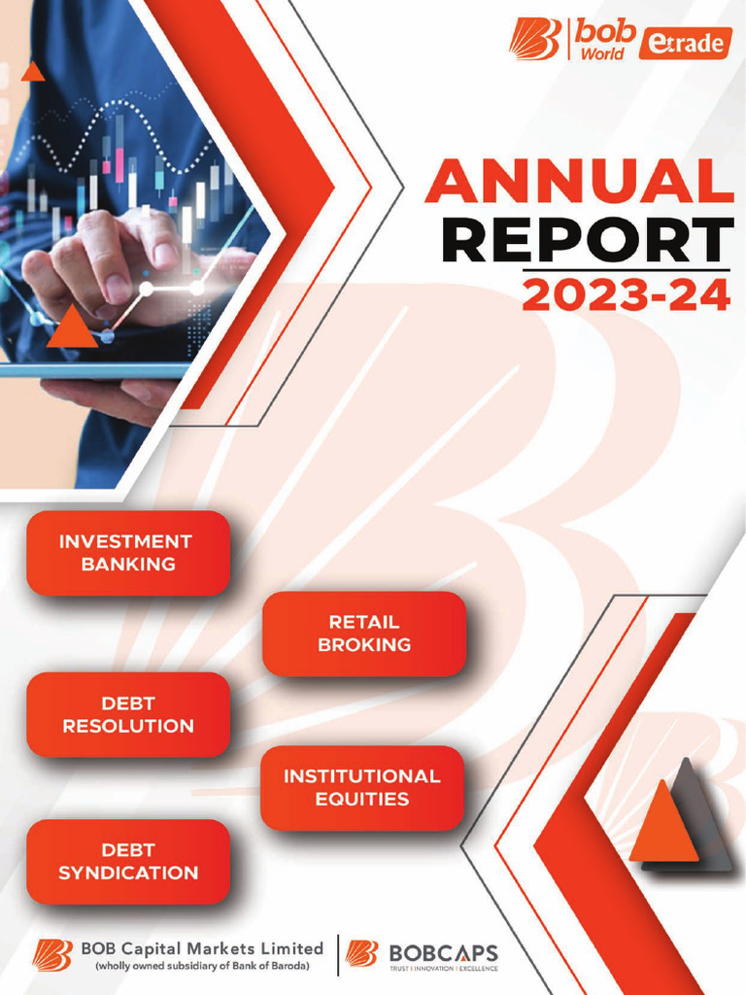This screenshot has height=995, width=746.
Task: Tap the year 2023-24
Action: coord(626,294)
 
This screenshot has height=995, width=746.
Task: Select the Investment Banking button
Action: coord(127,553)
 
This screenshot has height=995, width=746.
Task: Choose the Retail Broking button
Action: coord(364,634)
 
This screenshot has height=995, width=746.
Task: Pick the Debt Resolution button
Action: coord(127,714)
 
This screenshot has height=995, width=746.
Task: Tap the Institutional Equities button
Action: coord(361,788)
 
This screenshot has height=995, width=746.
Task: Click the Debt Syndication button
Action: coord(127,862)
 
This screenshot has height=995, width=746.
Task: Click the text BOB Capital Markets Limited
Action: coord(202,947)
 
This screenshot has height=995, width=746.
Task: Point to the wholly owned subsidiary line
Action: coord(201,966)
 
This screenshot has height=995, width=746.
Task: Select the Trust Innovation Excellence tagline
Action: coord(443,969)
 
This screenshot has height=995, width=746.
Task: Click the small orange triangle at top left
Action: coord(33,71)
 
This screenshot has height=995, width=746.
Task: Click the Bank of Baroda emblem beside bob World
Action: coord(534,40)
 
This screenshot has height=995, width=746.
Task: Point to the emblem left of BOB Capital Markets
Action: coord(54,955)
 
